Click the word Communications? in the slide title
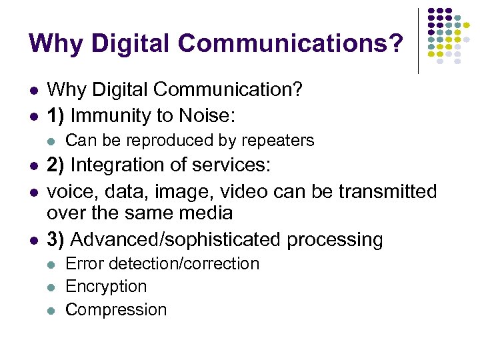pos(291,43)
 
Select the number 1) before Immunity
pos(55,116)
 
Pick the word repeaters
pos(280,141)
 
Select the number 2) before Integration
pos(56,165)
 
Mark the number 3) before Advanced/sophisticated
pos(56,239)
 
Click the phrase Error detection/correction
pos(162,264)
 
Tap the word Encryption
pos(106,287)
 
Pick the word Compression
pos(116,310)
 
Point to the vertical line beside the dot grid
pos(418,40)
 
